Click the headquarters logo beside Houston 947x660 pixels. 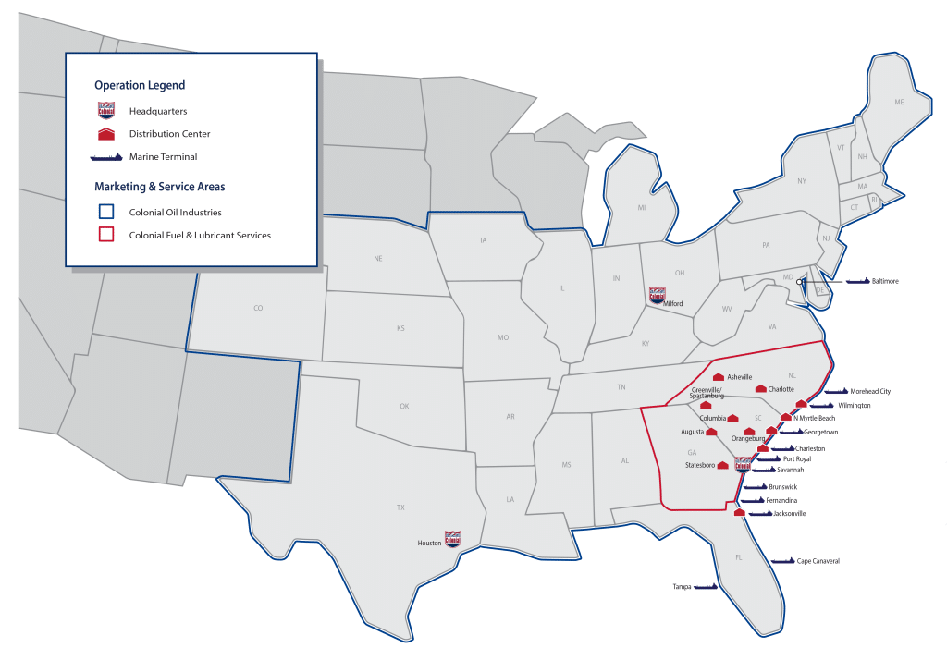pyautogui.click(x=452, y=539)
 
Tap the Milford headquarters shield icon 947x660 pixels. pyautogui.click(x=656, y=295)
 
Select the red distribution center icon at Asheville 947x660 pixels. pyautogui.click(x=718, y=377)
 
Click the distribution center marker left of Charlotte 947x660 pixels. pyautogui.click(x=761, y=389)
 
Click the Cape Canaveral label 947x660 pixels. pyautogui.click(x=818, y=561)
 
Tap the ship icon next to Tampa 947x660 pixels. pyautogui.click(x=707, y=587)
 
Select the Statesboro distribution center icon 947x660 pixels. pyautogui.click(x=722, y=465)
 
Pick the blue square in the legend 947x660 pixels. pyautogui.click(x=105, y=213)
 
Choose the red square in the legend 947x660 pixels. pyautogui.click(x=105, y=235)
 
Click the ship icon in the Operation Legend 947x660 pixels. pyautogui.click(x=106, y=157)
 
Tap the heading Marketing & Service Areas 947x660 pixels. pyautogui.click(x=159, y=187)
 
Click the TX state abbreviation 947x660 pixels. pyautogui.click(x=400, y=507)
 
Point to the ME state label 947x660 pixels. pyautogui.click(x=898, y=103)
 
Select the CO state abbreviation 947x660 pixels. pyautogui.click(x=258, y=308)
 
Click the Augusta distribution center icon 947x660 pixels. pyautogui.click(x=712, y=432)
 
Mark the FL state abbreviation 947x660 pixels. pyautogui.click(x=738, y=557)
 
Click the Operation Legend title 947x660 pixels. pyautogui.click(x=140, y=85)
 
